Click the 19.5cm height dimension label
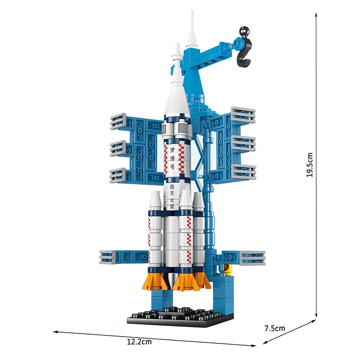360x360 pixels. (x=310, y=165)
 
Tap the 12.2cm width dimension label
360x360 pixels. (x=139, y=342)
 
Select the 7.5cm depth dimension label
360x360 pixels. (x=274, y=328)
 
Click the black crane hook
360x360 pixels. (x=245, y=54)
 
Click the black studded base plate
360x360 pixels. (x=180, y=317)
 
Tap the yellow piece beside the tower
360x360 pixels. (x=228, y=270)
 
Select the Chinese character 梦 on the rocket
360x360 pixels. (x=172, y=150)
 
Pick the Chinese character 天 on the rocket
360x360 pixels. (x=172, y=193)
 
